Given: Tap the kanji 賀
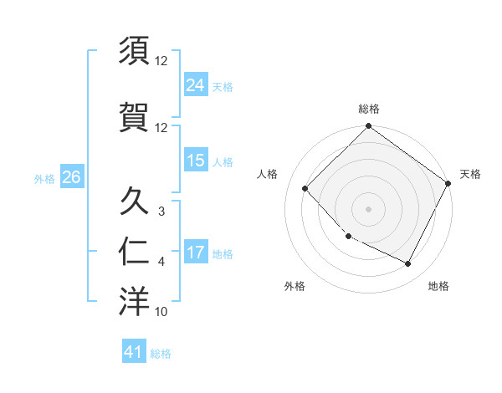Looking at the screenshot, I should [x=134, y=118].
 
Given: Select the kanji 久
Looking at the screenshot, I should [x=134, y=202].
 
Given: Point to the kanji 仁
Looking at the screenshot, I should [x=134, y=252].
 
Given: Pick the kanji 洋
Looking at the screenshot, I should [x=134, y=302].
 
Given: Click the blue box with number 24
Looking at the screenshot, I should [x=196, y=85].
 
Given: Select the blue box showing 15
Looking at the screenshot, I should [x=196, y=161].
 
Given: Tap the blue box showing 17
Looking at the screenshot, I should [x=196, y=253].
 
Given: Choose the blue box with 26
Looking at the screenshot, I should [x=71, y=177].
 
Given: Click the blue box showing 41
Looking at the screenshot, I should [x=134, y=352].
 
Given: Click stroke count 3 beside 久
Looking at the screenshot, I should [x=161, y=212].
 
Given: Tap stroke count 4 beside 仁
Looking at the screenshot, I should [x=161, y=262].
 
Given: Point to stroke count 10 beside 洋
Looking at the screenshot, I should [x=161, y=312].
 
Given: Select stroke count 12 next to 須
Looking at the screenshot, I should [x=161, y=61].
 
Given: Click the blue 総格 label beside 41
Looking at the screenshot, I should [x=161, y=354].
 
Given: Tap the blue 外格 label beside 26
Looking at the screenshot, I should [x=44, y=178].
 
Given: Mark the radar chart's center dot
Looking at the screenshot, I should [x=368, y=208].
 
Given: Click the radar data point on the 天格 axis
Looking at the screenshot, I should [x=449, y=184].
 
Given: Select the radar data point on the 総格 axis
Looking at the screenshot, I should [x=368, y=126].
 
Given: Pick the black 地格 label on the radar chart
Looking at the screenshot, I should [x=438, y=286].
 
